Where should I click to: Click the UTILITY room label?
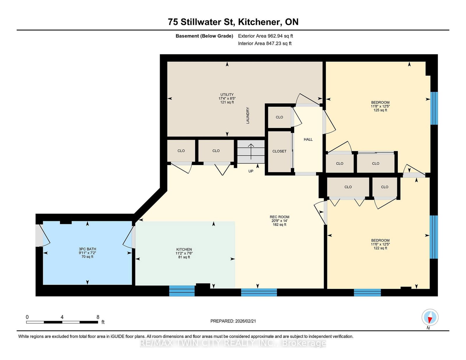click(x=227, y=95)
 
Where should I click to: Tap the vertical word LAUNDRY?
click(x=248, y=116)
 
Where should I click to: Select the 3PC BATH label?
click(x=87, y=249)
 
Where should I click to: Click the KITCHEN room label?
click(x=184, y=249)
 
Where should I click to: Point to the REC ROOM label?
click(x=279, y=217)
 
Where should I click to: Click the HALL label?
click(x=308, y=139)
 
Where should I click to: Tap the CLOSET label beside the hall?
click(x=279, y=151)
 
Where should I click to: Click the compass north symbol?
click(x=430, y=318)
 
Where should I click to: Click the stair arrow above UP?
click(x=251, y=151)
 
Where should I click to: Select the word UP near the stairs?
click(x=251, y=171)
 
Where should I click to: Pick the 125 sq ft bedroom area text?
click(x=380, y=110)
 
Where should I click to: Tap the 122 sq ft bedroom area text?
click(x=380, y=248)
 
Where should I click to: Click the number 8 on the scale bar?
click(x=98, y=317)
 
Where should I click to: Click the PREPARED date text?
click(x=233, y=321)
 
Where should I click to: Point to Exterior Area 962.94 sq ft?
click(x=265, y=36)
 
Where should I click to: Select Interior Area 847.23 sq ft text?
click(x=264, y=43)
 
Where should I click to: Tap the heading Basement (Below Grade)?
click(x=204, y=36)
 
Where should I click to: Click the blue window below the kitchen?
click(x=182, y=291)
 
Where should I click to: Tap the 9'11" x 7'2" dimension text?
click(x=87, y=253)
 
